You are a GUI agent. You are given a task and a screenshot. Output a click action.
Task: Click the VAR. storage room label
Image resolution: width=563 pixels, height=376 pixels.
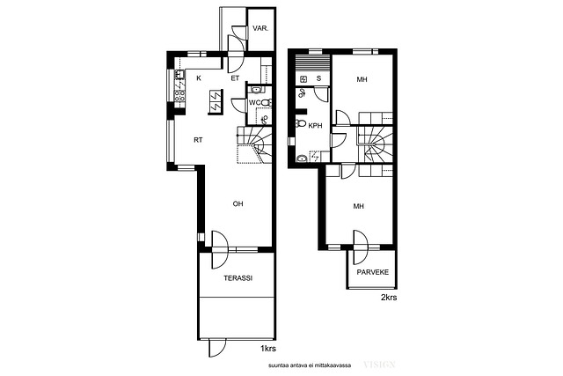[x=260, y=28]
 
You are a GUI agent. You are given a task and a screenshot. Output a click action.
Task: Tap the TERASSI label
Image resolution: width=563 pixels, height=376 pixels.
[x=238, y=278]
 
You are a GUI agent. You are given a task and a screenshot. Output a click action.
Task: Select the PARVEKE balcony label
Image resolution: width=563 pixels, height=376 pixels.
[x=373, y=272]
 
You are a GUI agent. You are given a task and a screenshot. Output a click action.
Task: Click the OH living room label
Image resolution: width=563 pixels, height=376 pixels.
[x=238, y=203]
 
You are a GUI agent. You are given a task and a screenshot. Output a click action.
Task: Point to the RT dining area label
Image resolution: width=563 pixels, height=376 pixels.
[x=198, y=140]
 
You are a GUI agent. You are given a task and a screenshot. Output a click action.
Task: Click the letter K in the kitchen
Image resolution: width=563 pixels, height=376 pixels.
[x=199, y=77]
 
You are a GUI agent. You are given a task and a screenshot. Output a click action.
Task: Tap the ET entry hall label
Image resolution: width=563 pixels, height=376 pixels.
[x=235, y=78]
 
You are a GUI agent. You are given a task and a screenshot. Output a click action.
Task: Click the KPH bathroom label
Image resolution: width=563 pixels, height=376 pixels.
[x=315, y=126]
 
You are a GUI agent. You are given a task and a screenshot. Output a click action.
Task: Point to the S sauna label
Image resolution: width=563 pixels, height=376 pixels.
[x=318, y=78]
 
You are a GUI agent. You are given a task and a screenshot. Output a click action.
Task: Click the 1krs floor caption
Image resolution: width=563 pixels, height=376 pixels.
[x=268, y=349]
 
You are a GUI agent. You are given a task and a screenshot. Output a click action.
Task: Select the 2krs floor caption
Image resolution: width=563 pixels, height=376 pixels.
[x=389, y=298]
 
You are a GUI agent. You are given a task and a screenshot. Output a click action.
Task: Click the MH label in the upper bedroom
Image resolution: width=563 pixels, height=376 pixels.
[x=362, y=79]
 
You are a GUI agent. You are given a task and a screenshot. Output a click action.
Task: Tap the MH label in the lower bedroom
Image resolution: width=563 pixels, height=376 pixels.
[x=359, y=206]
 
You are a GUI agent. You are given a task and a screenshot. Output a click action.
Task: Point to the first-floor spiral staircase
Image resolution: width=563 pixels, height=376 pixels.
[x=254, y=144]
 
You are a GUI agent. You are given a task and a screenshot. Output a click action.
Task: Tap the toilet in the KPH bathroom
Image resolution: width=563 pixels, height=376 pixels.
[x=300, y=124]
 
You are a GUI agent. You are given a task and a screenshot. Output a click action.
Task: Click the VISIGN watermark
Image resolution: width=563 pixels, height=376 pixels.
[x=379, y=365]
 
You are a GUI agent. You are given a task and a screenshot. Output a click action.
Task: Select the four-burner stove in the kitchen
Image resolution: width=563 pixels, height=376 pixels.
[x=179, y=95]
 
